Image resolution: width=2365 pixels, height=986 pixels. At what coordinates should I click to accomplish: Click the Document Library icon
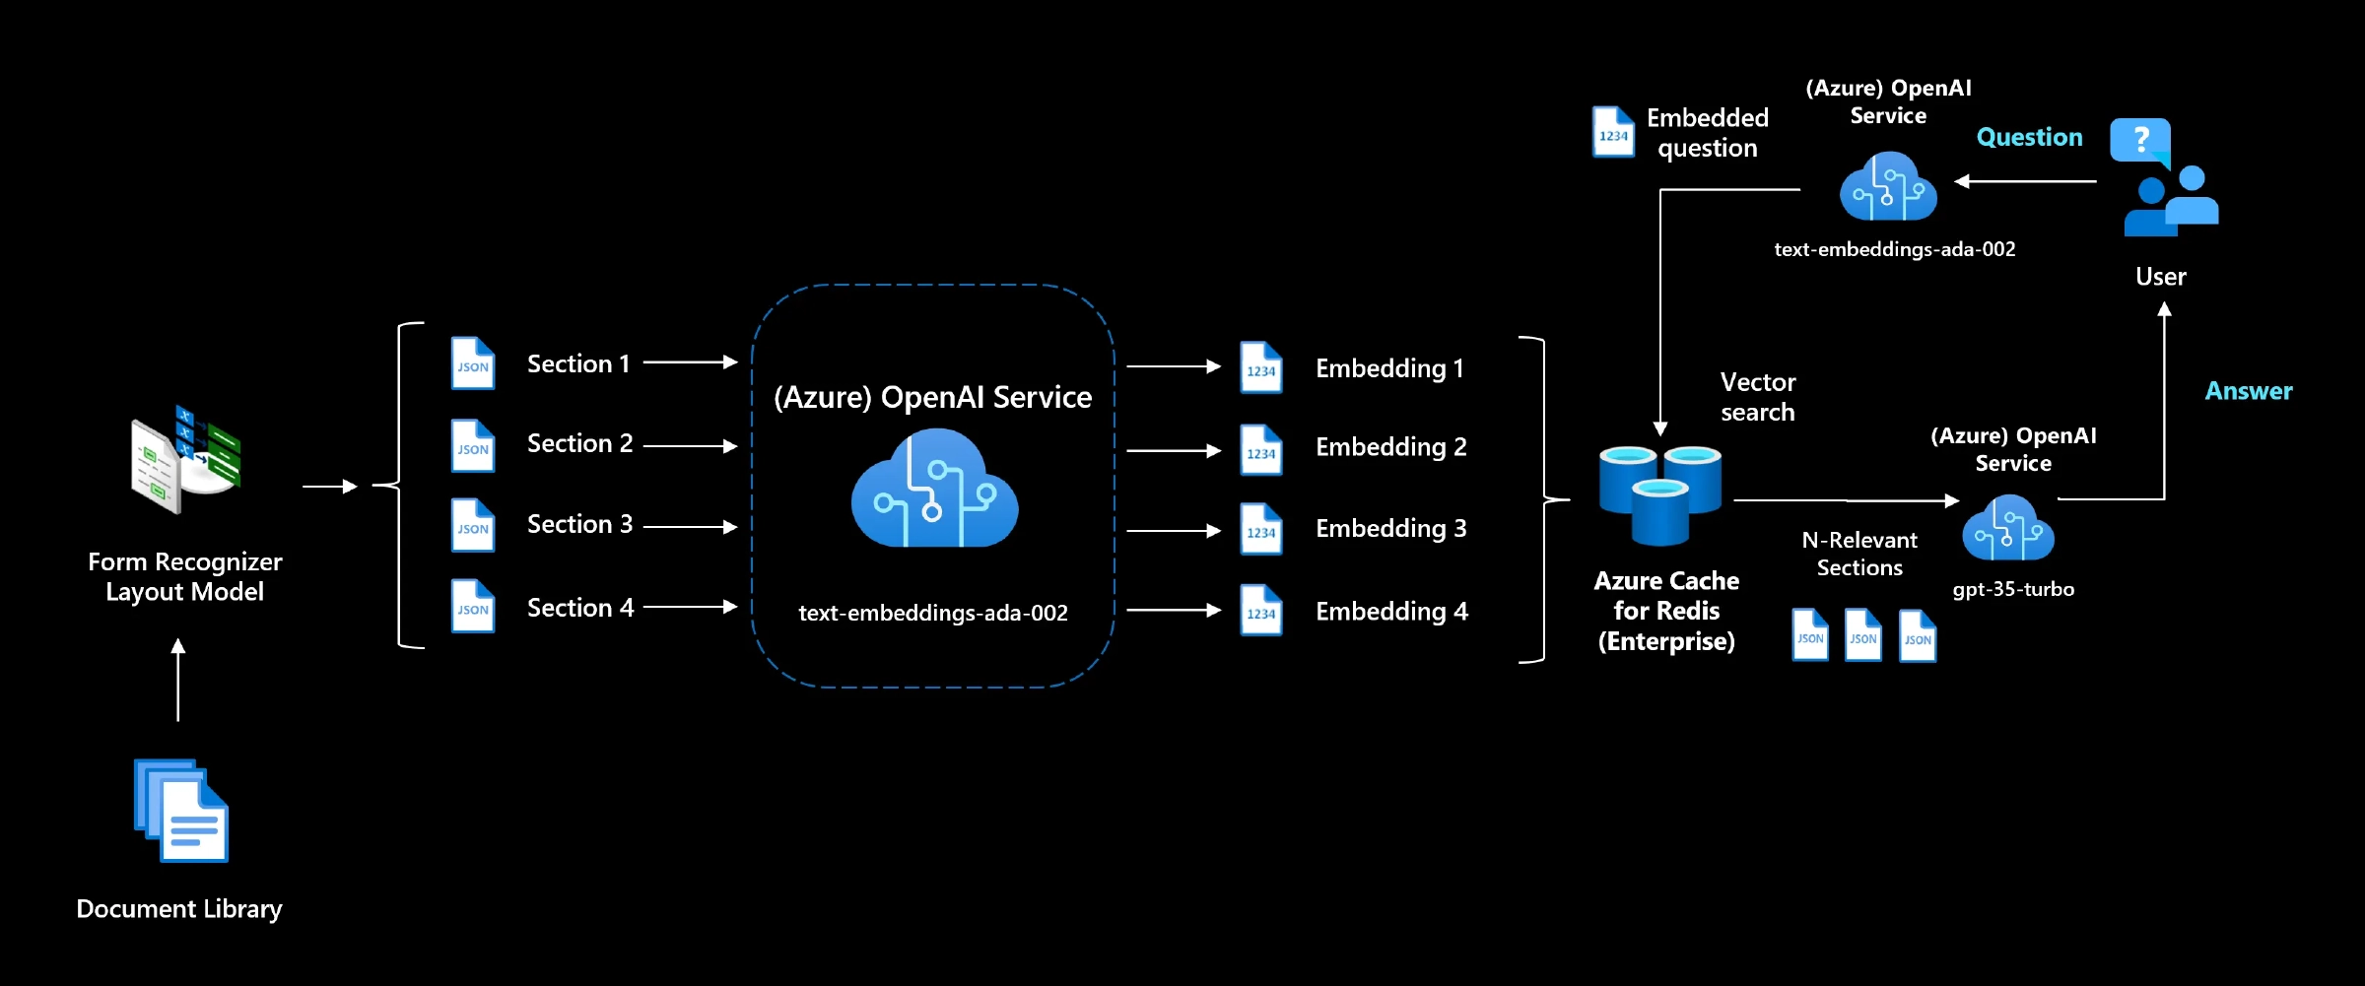(x=181, y=811)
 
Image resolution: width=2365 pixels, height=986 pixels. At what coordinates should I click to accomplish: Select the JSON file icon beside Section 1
(x=473, y=363)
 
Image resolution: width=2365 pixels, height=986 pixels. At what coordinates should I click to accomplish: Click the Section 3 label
(x=579, y=524)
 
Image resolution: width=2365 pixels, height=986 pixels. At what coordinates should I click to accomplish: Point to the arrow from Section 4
(x=690, y=607)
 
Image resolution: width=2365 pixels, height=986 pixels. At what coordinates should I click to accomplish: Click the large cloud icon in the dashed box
(x=934, y=490)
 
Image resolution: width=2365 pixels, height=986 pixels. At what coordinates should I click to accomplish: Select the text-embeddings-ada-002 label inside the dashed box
(x=932, y=613)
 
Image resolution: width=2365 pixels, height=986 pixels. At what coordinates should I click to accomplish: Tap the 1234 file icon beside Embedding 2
(x=1260, y=450)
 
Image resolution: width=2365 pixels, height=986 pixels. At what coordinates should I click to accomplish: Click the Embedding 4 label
(x=1391, y=612)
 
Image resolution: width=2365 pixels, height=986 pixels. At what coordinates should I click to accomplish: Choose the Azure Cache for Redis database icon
(x=1660, y=494)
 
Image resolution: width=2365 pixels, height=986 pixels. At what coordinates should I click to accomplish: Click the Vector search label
(x=1757, y=397)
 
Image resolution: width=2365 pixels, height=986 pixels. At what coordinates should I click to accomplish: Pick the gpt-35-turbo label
(x=2013, y=589)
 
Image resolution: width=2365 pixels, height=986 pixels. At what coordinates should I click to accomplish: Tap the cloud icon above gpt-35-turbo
(x=2008, y=529)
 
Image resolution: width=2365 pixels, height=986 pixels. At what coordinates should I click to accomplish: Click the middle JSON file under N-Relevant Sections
(x=1862, y=635)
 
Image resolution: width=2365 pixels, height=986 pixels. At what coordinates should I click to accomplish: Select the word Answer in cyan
(x=2248, y=391)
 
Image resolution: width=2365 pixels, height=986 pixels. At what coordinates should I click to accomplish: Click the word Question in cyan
(x=2029, y=137)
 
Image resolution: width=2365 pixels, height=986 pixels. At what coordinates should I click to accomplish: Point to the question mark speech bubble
(x=2140, y=141)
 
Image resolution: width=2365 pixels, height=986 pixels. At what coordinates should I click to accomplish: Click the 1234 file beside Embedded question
(x=1613, y=132)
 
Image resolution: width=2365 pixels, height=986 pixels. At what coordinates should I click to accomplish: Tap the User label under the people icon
(x=2160, y=277)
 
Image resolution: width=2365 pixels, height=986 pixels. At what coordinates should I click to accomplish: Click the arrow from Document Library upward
(x=178, y=680)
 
